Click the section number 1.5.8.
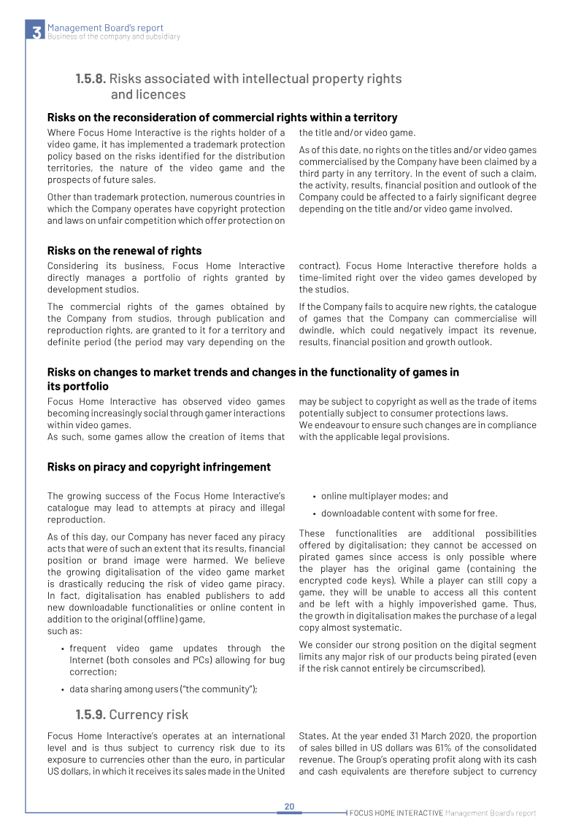click(x=91, y=78)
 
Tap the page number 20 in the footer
click(x=289, y=806)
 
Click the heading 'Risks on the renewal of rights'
click(x=124, y=250)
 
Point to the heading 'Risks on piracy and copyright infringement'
click(x=158, y=467)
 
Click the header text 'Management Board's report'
click(x=105, y=28)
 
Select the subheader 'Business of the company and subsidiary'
click(x=113, y=36)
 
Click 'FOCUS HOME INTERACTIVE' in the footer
click(x=396, y=813)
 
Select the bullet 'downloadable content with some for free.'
click(x=409, y=513)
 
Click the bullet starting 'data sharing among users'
click(x=163, y=689)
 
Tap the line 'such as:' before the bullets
click(x=64, y=631)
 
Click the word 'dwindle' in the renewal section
click(x=316, y=330)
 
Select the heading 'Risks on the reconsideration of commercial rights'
click(x=222, y=117)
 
